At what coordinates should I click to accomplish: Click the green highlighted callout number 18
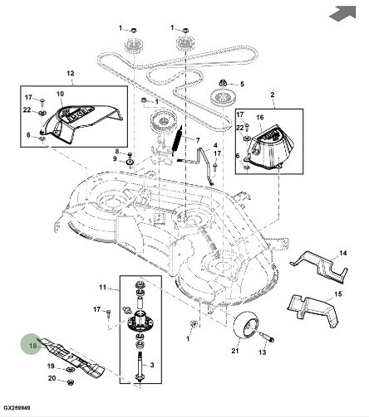click(x=33, y=346)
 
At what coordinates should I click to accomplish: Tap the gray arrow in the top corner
click(x=343, y=13)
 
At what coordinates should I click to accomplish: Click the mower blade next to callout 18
click(x=71, y=356)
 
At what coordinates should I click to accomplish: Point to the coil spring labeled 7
click(x=178, y=141)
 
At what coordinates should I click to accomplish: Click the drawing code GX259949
click(x=17, y=408)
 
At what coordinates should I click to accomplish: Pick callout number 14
click(x=342, y=253)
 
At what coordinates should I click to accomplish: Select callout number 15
click(x=338, y=293)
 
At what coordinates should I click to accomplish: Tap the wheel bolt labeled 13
click(x=267, y=337)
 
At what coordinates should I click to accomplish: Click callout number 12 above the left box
click(x=71, y=73)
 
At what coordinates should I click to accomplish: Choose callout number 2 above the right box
click(x=273, y=95)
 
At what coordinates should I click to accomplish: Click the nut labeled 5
click(x=223, y=83)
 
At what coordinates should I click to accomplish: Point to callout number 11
click(x=102, y=288)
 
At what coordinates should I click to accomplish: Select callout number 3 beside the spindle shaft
click(x=152, y=365)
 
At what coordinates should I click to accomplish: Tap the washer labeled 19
click(x=68, y=370)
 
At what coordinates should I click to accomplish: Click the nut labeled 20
click(x=71, y=382)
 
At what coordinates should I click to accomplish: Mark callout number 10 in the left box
click(x=60, y=94)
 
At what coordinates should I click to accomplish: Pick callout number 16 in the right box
click(x=260, y=118)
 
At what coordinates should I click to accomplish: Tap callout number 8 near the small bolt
click(x=117, y=151)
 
